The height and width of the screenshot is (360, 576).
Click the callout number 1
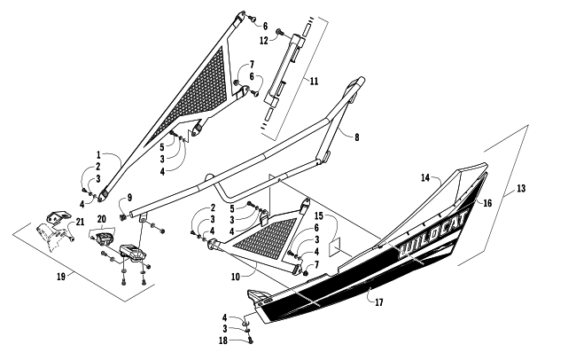(x=99, y=154)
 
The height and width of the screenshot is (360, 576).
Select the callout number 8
(x=356, y=137)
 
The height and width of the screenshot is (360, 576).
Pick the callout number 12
(x=264, y=41)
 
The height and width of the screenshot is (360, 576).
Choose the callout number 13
(x=521, y=190)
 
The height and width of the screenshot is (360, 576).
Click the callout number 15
(x=318, y=215)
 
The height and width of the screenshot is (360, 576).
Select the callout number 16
(x=486, y=203)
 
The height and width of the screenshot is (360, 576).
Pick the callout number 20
(x=102, y=218)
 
